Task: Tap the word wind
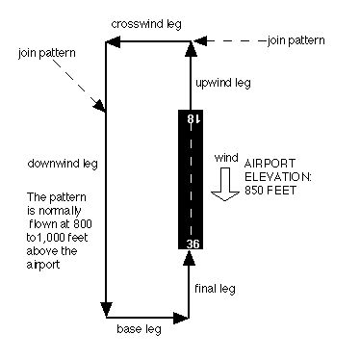coord(225,156)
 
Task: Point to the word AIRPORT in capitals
coord(270,164)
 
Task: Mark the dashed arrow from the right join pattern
coord(231,41)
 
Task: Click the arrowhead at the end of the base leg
coord(180,315)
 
